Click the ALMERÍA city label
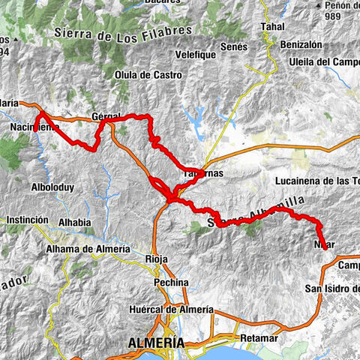157,342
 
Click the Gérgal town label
104,117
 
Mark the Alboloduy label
52,187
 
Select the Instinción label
28,220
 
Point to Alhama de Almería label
88,249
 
